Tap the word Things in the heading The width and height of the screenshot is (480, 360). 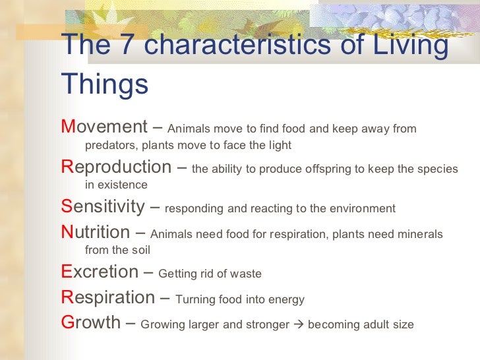click(104, 85)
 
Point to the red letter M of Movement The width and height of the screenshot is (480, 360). click(67, 127)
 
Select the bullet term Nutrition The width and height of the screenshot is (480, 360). click(96, 232)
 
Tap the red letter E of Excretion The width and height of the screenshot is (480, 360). click(66, 272)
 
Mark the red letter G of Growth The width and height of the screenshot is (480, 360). click(67, 322)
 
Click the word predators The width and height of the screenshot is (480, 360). click(111, 145)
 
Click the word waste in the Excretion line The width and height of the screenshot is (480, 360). click(246, 274)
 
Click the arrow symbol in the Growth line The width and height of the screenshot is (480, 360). click(299, 324)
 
